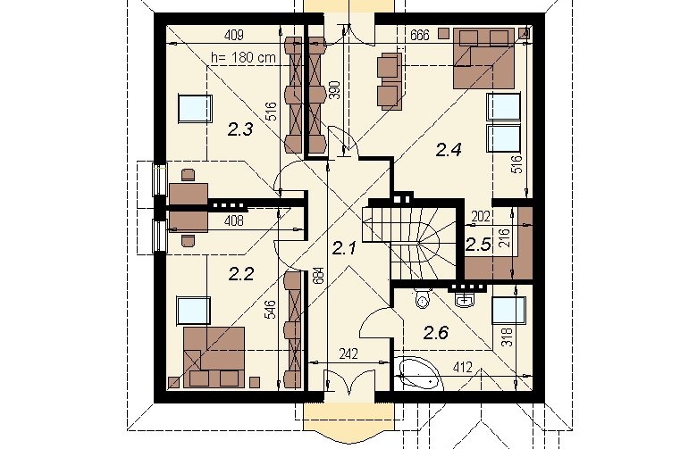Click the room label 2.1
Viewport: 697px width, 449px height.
[344, 249]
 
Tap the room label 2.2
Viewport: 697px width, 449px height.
[241, 274]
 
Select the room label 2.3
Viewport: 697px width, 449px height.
[240, 129]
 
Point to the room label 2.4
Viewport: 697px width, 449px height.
[448, 150]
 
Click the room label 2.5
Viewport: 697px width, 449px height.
[478, 245]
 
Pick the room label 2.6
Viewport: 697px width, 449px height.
[436, 332]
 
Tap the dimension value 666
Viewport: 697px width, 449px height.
[420, 35]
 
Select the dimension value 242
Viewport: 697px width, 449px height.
[348, 354]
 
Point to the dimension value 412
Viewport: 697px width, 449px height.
[462, 367]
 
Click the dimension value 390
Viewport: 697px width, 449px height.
[336, 90]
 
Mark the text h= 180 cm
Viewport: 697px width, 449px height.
[243, 57]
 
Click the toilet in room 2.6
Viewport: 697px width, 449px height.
[422, 297]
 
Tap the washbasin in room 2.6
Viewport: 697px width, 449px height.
[465, 298]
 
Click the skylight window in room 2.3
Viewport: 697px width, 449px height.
[194, 108]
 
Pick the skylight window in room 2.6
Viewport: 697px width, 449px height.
[509, 310]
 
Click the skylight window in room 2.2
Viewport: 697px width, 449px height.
[193, 311]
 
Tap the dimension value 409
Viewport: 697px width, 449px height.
[234, 35]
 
